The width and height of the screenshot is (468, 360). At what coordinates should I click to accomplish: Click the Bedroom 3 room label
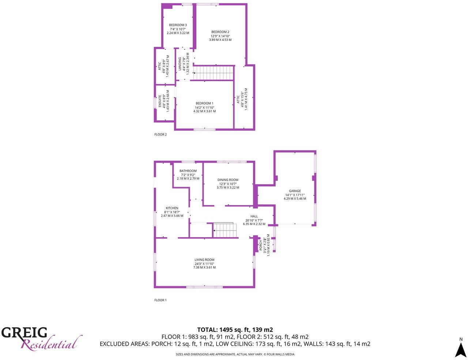pos(178,25)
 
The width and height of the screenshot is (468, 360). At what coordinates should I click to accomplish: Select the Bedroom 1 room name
pos(204,103)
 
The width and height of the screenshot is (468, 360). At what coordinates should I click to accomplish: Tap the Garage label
pos(295,191)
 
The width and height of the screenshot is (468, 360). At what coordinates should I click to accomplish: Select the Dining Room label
pos(228,180)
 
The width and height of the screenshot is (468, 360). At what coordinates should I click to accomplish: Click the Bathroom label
pos(188,171)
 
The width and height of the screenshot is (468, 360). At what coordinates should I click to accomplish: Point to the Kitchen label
pos(172,208)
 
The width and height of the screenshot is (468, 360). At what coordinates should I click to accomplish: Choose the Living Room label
pos(204,260)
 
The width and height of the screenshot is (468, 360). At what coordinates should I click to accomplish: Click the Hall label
pos(254,216)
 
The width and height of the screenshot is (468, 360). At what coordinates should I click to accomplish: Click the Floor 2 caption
pos(161,134)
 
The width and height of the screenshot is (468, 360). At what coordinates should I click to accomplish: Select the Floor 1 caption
pos(161,300)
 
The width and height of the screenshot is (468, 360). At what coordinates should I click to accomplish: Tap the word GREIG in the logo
pos(24,333)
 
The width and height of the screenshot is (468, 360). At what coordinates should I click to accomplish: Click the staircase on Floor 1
pos(224,230)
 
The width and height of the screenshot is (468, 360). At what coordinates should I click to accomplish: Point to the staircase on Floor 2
pos(213,72)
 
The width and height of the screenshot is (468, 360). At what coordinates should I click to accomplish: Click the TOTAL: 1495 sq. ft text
pos(235,330)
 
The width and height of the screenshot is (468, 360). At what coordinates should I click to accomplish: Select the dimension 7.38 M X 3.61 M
pos(204,267)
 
